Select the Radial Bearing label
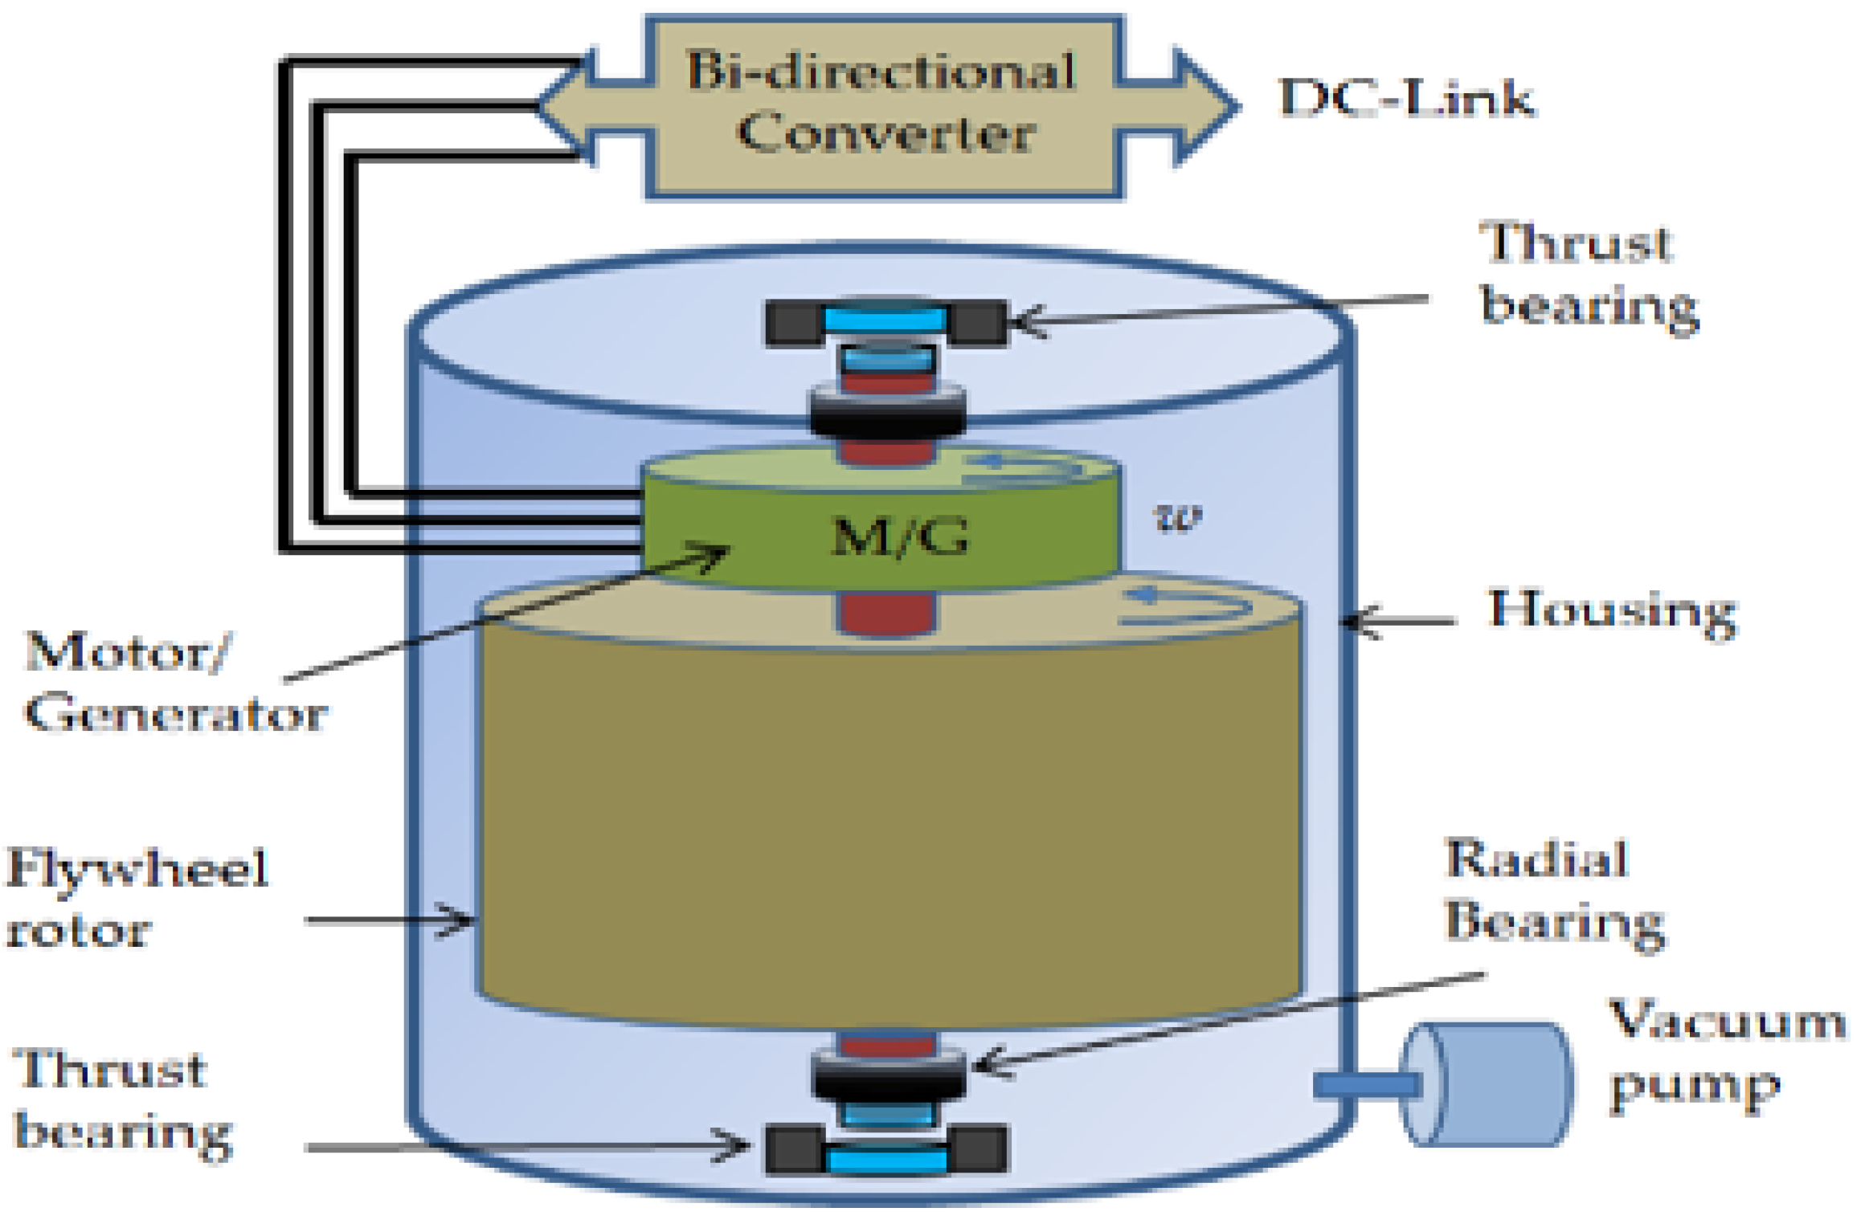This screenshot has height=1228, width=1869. (x=1551, y=891)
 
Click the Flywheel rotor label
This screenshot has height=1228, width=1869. (x=137, y=900)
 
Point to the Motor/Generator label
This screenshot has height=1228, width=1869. (x=173, y=683)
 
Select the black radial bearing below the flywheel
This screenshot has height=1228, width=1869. (x=888, y=1076)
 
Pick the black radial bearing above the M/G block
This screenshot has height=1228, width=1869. (x=888, y=414)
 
